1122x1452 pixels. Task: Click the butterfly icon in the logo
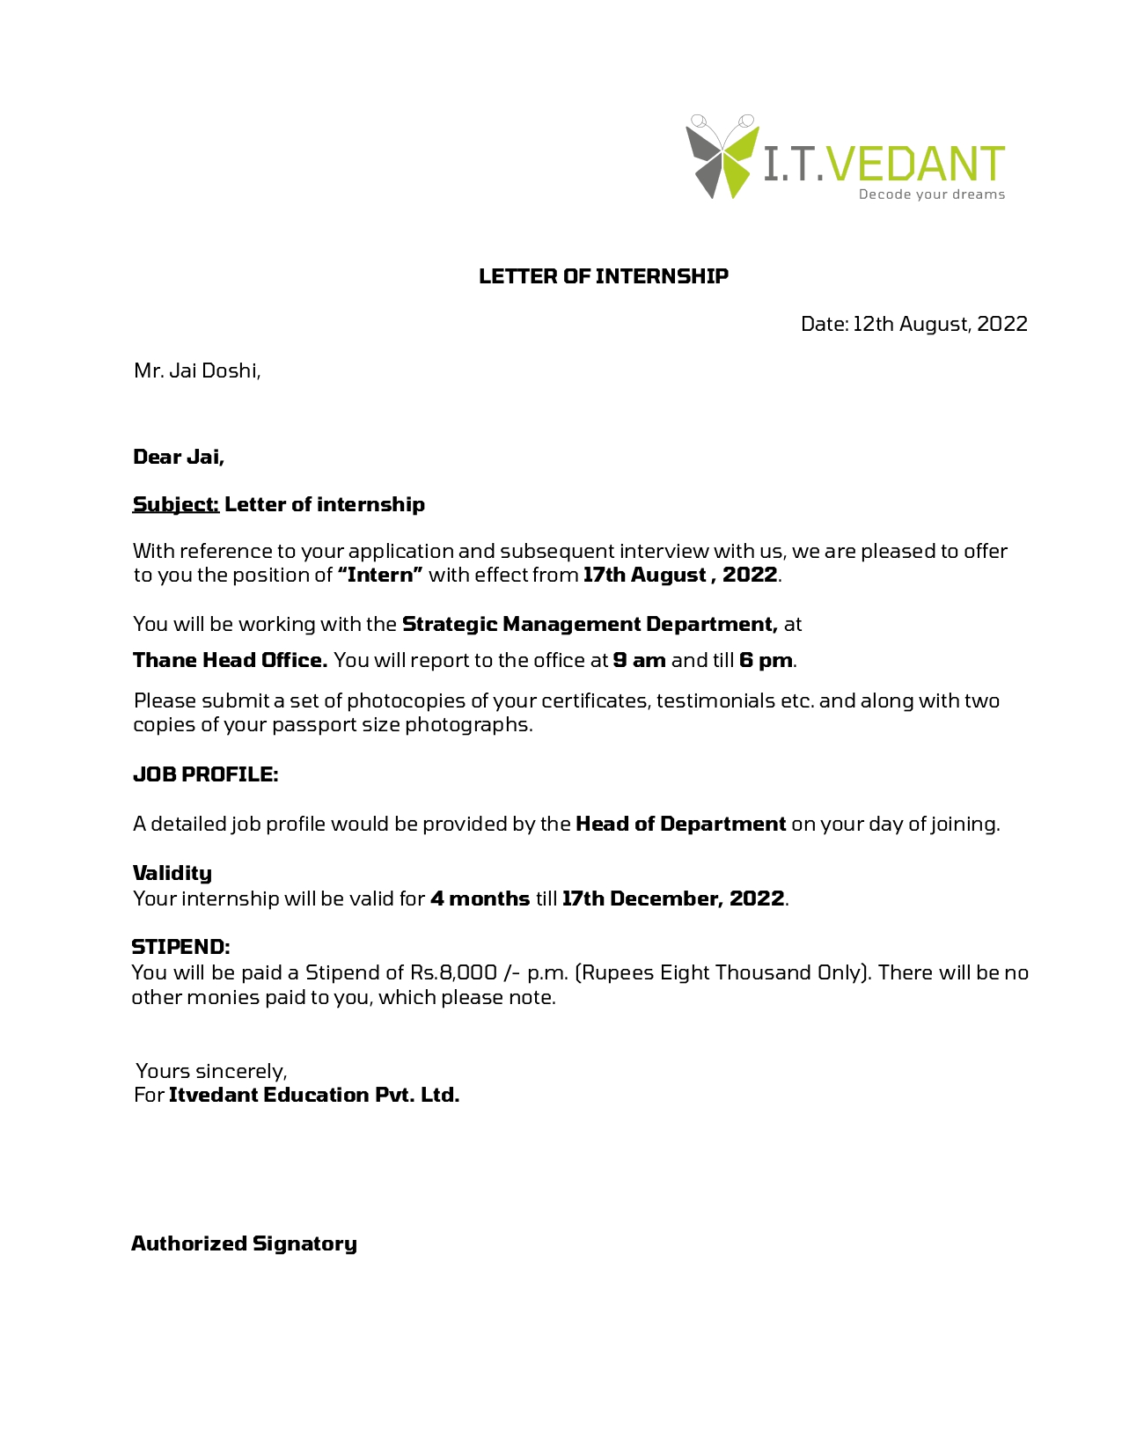pyautogui.click(x=722, y=157)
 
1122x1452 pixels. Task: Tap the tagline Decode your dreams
pyautogui.click(x=931, y=194)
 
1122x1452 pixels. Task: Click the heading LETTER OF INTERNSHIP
pyautogui.click(x=603, y=276)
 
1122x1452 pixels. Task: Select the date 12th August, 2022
pyautogui.click(x=940, y=324)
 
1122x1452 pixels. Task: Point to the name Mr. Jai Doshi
pyautogui.click(x=196, y=370)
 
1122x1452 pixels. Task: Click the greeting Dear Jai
pyautogui.click(x=179, y=457)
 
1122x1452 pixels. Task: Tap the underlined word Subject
pyautogui.click(x=175, y=504)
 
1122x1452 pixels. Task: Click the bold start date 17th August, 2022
pyautogui.click(x=680, y=575)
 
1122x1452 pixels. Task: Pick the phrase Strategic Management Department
pyautogui.click(x=590, y=624)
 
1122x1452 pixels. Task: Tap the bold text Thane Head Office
pyautogui.click(x=230, y=660)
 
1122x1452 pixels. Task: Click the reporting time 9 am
pyautogui.click(x=639, y=660)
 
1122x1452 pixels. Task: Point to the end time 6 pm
pyautogui.click(x=766, y=660)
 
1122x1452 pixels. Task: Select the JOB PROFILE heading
pyautogui.click(x=205, y=774)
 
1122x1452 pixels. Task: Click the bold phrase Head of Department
pyautogui.click(x=680, y=824)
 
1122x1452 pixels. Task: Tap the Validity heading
pyautogui.click(x=172, y=873)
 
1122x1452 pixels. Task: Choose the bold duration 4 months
pyautogui.click(x=480, y=898)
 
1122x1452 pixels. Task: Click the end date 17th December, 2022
pyautogui.click(x=673, y=898)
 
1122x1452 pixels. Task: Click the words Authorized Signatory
pyautogui.click(x=244, y=1243)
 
